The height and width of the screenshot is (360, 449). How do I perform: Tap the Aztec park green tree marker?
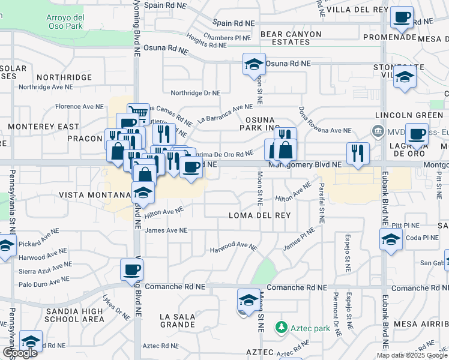[280, 328]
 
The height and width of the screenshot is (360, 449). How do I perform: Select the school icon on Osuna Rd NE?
[254, 64]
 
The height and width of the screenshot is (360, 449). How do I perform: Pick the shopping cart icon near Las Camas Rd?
[139, 113]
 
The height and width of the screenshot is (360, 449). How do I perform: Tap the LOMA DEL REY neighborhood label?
[259, 215]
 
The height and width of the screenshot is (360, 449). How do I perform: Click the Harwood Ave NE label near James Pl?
[233, 247]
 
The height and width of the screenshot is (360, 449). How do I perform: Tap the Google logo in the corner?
[20, 353]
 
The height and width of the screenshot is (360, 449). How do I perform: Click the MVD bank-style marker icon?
[378, 130]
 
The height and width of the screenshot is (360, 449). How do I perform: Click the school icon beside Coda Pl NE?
[391, 240]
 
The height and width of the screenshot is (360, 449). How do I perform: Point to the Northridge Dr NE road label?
[196, 93]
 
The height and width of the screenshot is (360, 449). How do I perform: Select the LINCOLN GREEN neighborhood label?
[403, 115]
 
